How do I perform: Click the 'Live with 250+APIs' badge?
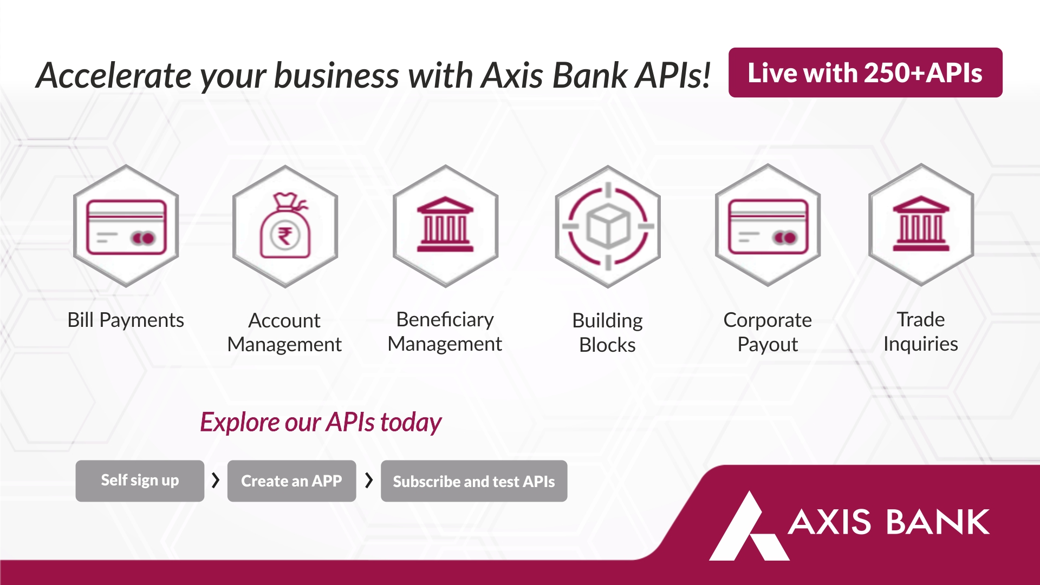tap(865, 73)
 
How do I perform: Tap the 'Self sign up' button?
tap(140, 481)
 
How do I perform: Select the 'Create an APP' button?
tap(291, 481)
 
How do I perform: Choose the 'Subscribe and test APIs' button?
tap(474, 481)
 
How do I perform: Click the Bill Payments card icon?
tap(126, 227)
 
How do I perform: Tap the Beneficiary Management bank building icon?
tap(445, 224)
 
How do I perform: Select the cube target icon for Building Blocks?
tap(608, 226)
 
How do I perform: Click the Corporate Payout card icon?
tap(768, 226)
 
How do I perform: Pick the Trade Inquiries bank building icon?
tap(921, 224)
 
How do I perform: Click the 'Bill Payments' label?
tap(126, 320)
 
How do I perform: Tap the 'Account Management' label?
tap(284, 332)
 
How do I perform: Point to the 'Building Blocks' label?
tap(607, 332)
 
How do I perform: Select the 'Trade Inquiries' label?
tap(921, 332)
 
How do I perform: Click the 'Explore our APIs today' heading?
tap(321, 422)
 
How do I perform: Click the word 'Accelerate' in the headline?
tap(113, 75)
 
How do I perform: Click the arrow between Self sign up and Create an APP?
tap(216, 480)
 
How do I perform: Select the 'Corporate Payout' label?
tap(768, 332)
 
